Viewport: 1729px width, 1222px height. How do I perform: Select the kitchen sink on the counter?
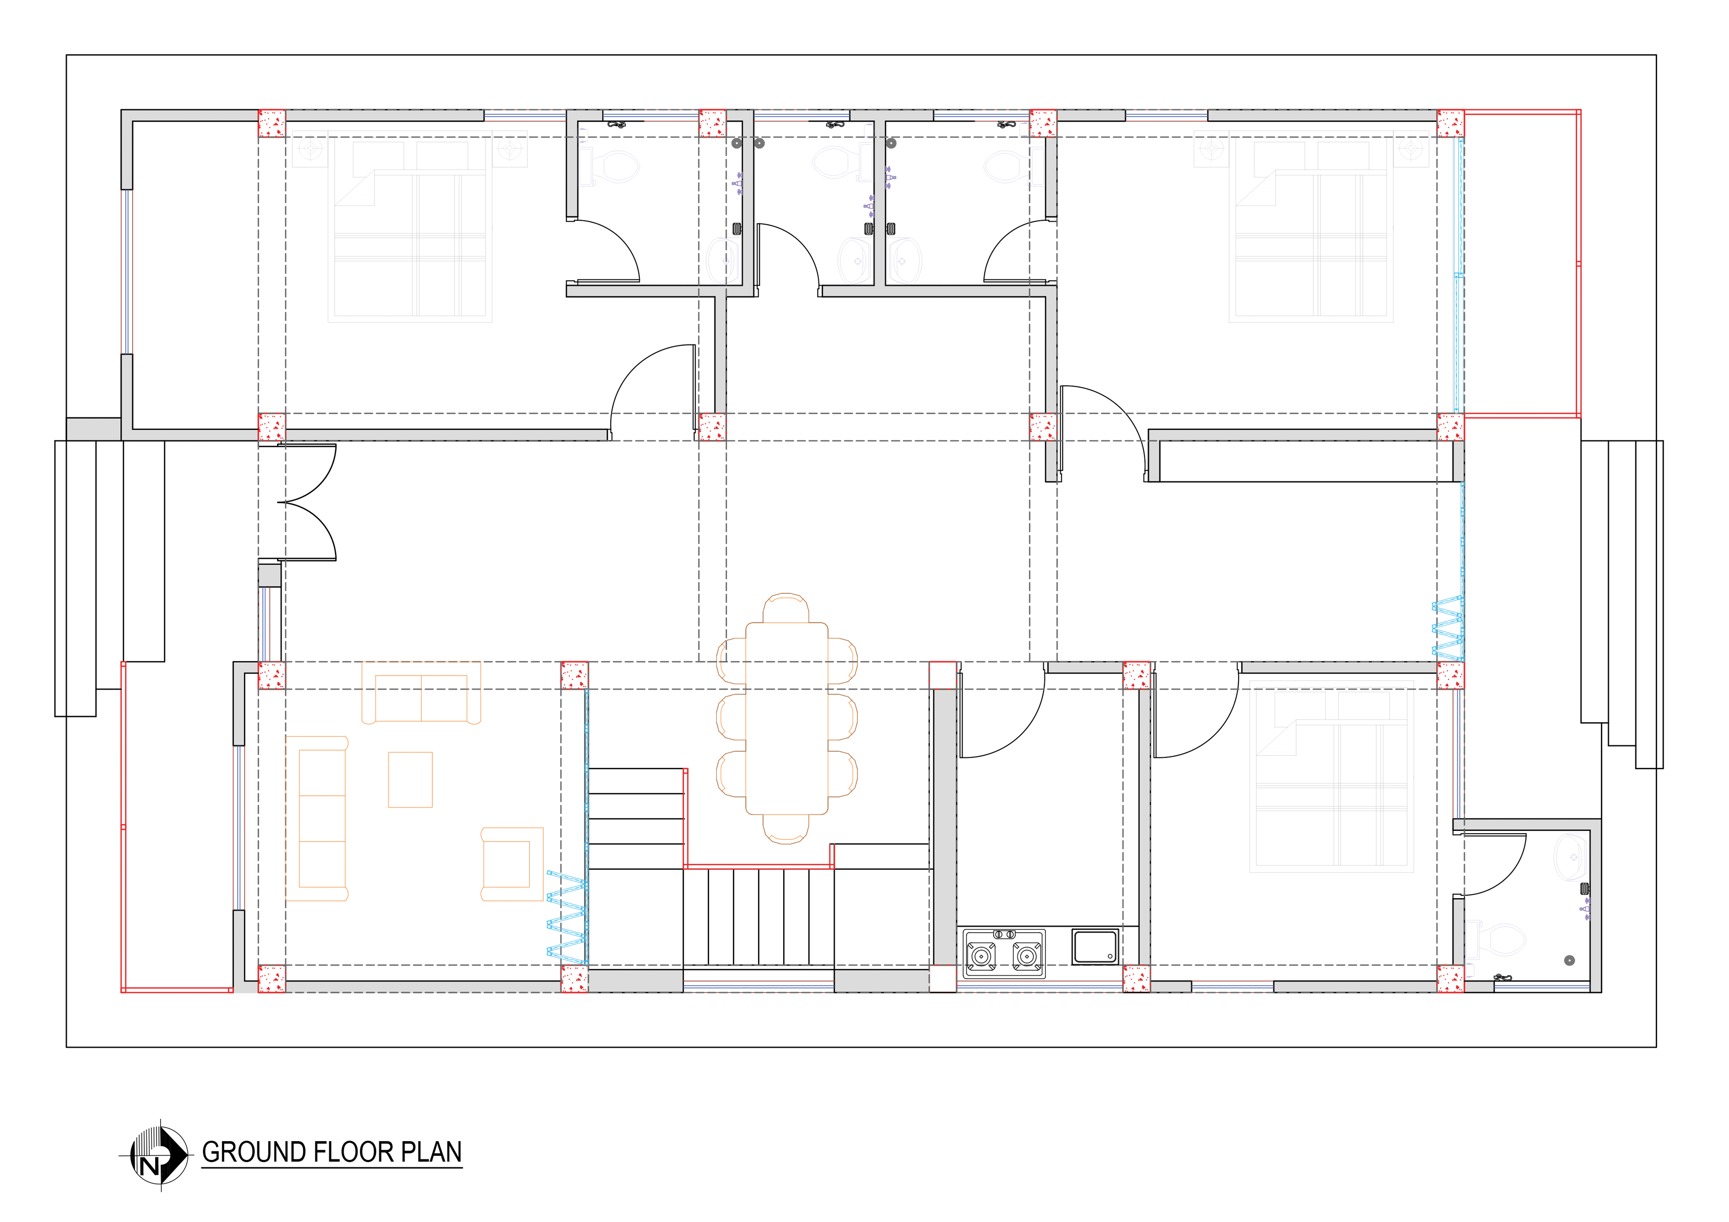tap(1095, 947)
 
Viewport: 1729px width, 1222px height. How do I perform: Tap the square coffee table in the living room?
tap(411, 780)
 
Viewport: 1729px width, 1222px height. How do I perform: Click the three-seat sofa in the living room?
tap(317, 818)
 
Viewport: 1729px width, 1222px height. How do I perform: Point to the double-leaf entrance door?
tap(307, 502)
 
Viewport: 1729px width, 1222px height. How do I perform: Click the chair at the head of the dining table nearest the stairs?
tap(786, 829)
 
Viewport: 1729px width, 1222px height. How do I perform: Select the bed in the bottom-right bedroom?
tap(1331, 776)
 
